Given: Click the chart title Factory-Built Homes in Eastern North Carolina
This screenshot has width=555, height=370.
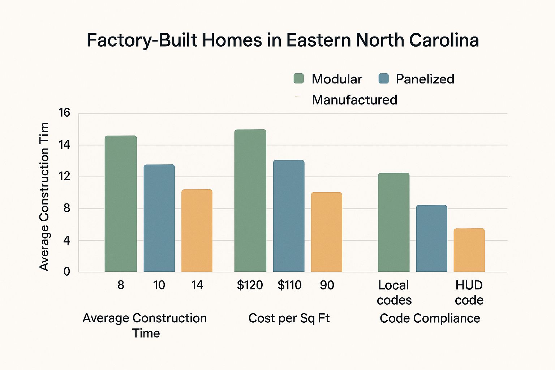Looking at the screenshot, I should [283, 40].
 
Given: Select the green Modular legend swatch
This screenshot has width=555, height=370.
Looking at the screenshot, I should [299, 78].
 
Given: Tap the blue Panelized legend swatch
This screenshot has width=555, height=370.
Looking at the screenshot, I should [383, 78].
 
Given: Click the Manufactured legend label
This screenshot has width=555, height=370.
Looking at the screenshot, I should [354, 100].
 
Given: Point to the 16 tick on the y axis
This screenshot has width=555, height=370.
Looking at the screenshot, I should [64, 113].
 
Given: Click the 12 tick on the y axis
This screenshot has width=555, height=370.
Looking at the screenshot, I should [64, 177].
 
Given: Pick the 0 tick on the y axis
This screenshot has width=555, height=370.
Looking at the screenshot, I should [66, 272].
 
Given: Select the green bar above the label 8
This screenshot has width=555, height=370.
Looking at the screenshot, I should [121, 204].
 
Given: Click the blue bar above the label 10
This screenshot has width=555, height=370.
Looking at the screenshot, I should [159, 218].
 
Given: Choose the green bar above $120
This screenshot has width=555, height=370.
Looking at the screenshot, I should [250, 201].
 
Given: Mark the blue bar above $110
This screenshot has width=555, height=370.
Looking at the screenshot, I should [289, 216].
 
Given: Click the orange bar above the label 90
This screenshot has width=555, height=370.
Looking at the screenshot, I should [326, 232].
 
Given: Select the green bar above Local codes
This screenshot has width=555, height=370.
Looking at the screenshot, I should [393, 223].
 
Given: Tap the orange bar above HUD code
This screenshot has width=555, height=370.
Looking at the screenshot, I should [469, 250].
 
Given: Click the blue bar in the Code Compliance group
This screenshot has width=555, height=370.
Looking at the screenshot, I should [431, 238].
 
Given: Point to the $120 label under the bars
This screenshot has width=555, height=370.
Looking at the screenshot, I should [250, 285].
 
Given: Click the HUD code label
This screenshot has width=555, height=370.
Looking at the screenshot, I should [469, 293].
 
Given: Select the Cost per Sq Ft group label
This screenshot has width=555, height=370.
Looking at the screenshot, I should [289, 318].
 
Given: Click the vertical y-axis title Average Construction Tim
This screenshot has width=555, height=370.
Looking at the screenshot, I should [44, 197].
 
